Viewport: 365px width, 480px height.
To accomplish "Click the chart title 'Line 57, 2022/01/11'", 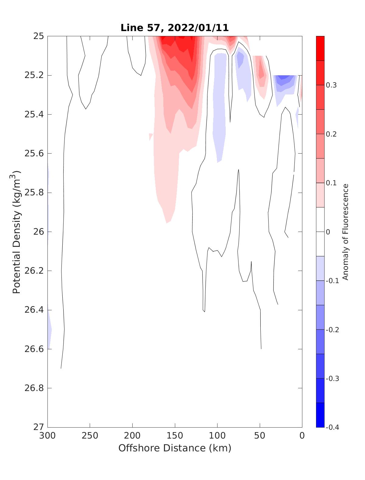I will tap(175, 28).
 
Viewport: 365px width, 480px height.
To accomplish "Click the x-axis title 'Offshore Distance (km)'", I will tap(175, 448).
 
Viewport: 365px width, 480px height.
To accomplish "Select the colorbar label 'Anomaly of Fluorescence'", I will tap(345, 232).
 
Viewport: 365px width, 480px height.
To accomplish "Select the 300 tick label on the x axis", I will tap(48, 436).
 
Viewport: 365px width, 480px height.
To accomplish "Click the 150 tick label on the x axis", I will tap(175, 436).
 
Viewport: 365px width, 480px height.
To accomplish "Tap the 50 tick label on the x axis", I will tap(260, 436).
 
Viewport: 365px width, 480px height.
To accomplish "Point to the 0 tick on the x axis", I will tap(302, 436).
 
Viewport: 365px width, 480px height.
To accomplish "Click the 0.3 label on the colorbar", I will tap(331, 85).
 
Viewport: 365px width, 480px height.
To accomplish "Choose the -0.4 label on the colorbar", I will tap(332, 427).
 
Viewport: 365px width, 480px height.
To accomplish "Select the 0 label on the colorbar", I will tap(328, 232).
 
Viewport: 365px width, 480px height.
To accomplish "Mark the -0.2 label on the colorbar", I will tap(332, 330).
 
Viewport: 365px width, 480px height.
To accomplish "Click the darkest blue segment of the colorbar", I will tap(320, 415).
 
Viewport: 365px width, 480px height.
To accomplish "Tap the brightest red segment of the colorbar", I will tap(320, 48).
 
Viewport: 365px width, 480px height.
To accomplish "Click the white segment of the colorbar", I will tap(320, 232).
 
